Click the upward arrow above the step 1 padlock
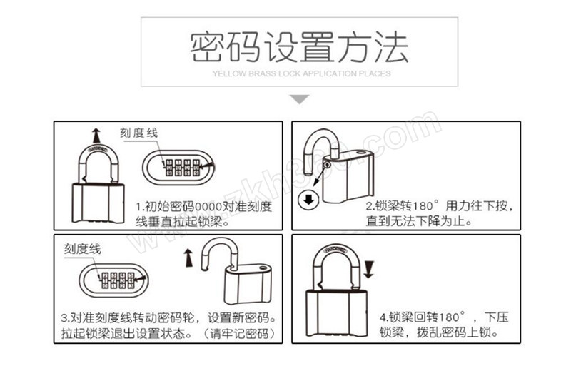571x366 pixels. tap(96, 134)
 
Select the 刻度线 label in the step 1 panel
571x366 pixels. tap(140, 133)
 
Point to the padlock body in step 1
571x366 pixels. tap(97, 203)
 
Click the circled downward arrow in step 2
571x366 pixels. tap(309, 200)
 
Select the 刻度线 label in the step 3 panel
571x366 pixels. tap(83, 248)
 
